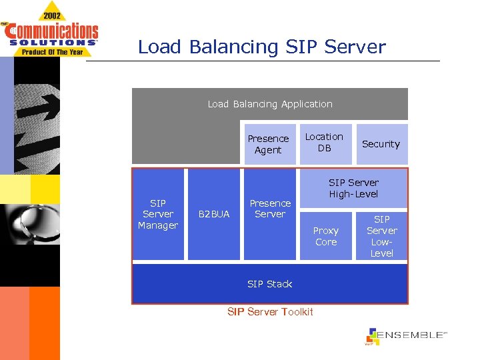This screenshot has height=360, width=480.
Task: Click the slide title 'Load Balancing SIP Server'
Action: pyautogui.click(x=261, y=47)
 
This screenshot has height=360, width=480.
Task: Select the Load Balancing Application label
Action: pyautogui.click(x=269, y=104)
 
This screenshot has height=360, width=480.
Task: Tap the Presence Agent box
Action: pyautogui.click(x=268, y=144)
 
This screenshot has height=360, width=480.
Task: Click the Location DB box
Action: pyautogui.click(x=324, y=143)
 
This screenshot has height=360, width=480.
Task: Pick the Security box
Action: pyautogui.click(x=381, y=144)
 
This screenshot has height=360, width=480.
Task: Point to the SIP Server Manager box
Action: pyautogui.click(x=158, y=214)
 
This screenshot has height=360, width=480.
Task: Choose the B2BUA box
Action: pyautogui.click(x=213, y=214)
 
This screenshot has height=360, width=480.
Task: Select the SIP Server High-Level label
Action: pyautogui.click(x=353, y=188)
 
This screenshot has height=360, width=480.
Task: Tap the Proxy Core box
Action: pyautogui.click(x=326, y=236)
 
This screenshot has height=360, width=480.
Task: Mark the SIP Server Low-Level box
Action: pyautogui.click(x=381, y=236)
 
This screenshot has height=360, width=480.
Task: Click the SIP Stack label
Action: pyautogui.click(x=269, y=284)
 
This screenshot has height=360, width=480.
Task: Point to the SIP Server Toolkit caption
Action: pyautogui.click(x=269, y=312)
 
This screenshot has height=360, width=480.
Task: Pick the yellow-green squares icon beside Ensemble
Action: pyautogui.click(x=373, y=337)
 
